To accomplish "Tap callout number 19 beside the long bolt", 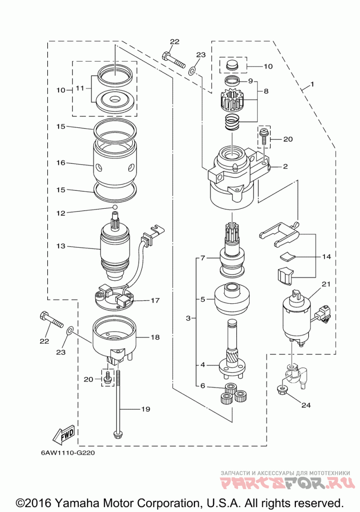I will point(145,409).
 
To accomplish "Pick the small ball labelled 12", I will point(115,207).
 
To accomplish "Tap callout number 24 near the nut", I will point(306,405).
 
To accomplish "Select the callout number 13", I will point(61,246).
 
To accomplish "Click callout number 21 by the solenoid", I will point(326,284).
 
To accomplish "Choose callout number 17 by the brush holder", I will point(155,300).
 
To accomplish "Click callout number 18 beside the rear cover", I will point(155,337).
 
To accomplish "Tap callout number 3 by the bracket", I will point(189,319).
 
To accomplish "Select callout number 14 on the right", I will point(326,257).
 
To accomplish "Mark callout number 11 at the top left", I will point(80,89).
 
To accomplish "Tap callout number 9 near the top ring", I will point(251,81).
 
